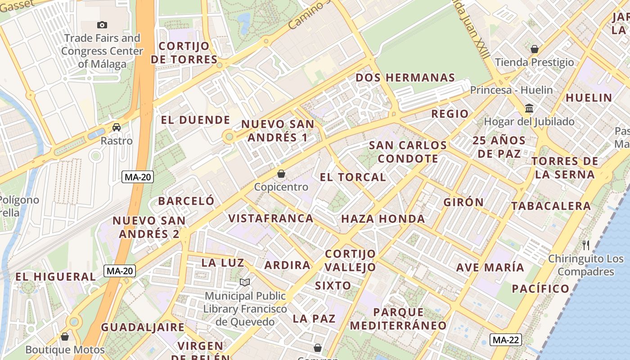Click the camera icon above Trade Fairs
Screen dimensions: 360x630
point(102,25)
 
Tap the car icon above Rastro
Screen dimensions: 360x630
point(117,127)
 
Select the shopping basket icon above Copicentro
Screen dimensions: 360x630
point(281,174)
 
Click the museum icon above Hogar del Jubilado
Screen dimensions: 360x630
point(529,108)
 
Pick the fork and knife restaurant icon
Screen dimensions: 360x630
point(586,245)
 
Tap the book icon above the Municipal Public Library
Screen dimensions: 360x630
point(245,283)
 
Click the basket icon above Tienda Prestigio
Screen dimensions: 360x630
point(535,49)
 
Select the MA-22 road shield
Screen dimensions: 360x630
point(506,340)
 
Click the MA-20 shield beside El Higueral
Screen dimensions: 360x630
point(120,271)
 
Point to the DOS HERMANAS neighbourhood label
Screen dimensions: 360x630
point(405,77)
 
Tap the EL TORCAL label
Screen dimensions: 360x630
point(353,177)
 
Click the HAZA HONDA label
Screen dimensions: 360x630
point(383,219)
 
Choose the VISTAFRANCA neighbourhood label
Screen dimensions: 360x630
point(271,218)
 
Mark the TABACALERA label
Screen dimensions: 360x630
point(551,206)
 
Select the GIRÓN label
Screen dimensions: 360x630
point(463,202)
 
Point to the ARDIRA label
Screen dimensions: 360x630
point(288,265)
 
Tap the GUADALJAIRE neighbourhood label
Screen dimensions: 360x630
point(143,327)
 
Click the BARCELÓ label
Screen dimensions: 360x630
point(186,201)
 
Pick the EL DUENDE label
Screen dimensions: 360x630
point(196,120)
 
